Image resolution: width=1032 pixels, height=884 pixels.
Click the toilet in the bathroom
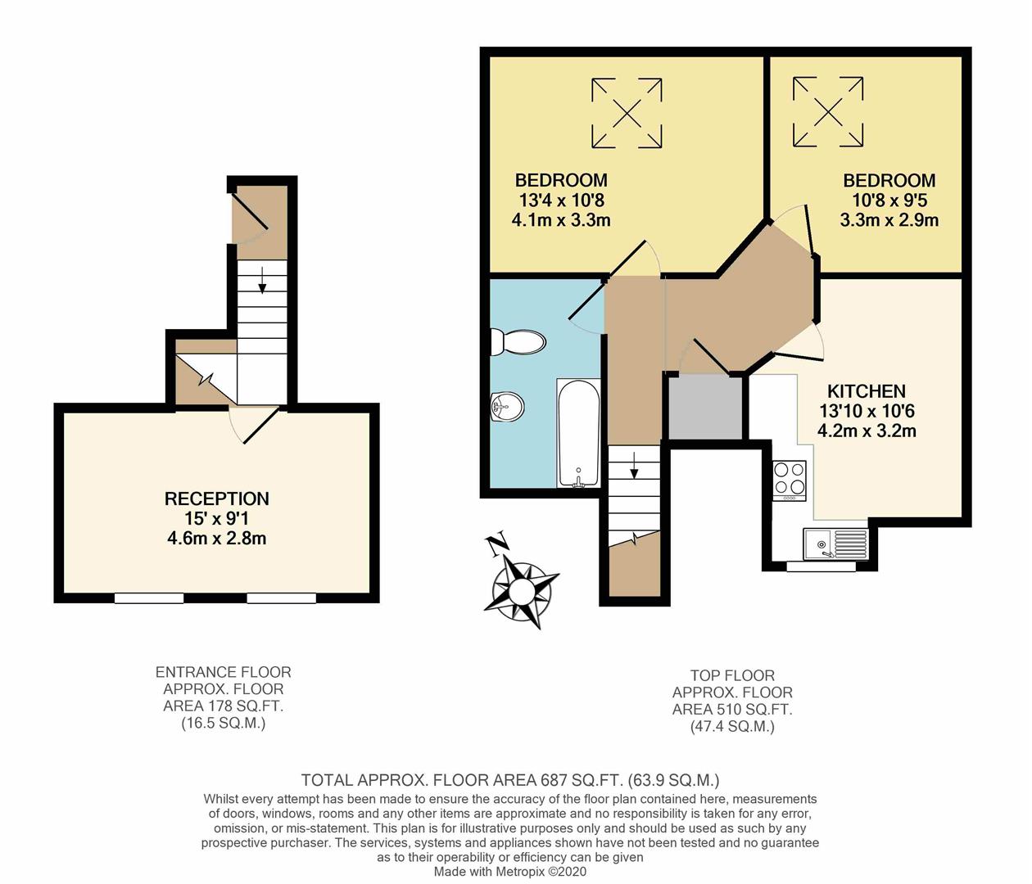click(518, 342)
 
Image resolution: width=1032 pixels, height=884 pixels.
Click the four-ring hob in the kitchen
click(790, 480)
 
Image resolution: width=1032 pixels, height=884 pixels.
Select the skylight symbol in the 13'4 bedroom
click(627, 114)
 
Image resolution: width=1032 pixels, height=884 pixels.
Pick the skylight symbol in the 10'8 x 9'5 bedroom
click(827, 112)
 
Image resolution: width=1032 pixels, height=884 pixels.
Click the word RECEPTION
click(216, 498)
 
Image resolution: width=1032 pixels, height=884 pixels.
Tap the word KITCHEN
click(866, 391)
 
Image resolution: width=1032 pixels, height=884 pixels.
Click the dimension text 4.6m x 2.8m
click(216, 539)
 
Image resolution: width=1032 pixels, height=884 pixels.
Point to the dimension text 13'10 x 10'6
click(866, 411)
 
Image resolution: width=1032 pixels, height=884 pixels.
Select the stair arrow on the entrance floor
click(262, 280)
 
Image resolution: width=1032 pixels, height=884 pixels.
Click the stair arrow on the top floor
click(634, 467)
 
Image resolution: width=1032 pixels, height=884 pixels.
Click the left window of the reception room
click(149, 598)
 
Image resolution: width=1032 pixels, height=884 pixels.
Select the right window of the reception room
click(281, 598)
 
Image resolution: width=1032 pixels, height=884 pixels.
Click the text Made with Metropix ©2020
click(509, 872)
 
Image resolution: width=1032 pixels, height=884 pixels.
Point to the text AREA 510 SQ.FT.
click(732, 710)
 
